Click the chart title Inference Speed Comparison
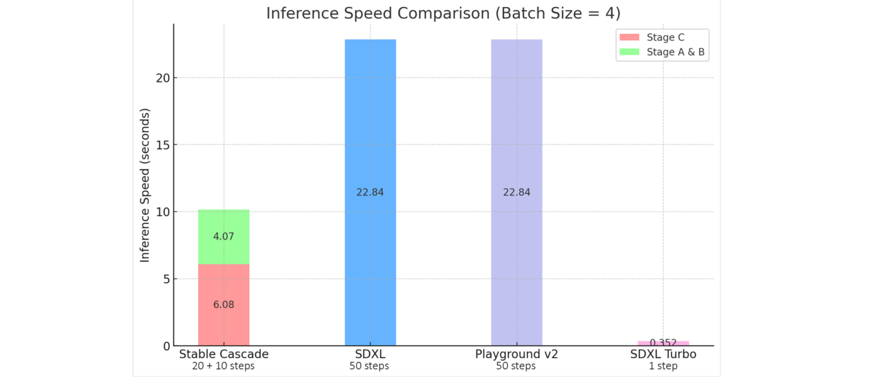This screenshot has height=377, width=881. pos(443,13)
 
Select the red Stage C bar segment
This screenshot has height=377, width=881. pos(223,289)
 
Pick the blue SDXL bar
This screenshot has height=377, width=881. pos(370,126)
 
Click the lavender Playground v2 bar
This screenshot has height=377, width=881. pos(517,126)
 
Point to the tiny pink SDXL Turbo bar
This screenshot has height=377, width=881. pos(663,343)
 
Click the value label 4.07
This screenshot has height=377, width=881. pos(223,237)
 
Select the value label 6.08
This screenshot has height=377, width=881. pos(223,305)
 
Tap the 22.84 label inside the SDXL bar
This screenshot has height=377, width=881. pos(370,192)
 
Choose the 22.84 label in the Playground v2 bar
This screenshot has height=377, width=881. pos(517,192)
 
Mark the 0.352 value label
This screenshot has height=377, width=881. pos(663,342)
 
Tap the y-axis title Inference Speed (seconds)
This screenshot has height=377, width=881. pos(145,185)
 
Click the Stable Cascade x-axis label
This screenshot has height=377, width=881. pos(223,354)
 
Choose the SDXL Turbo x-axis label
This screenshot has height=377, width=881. pos(663,354)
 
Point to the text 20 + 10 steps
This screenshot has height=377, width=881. pos(223,366)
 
